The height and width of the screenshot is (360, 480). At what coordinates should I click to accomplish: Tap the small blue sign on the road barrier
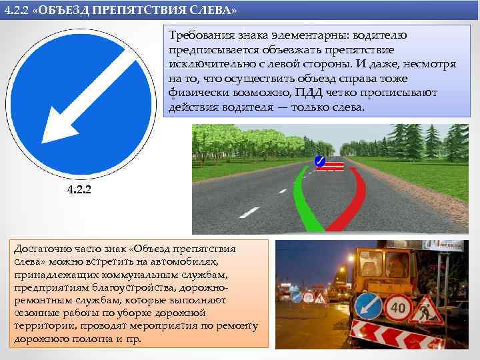(x=320, y=161)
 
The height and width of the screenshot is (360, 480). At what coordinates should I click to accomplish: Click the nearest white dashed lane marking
(x=249, y=213)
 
